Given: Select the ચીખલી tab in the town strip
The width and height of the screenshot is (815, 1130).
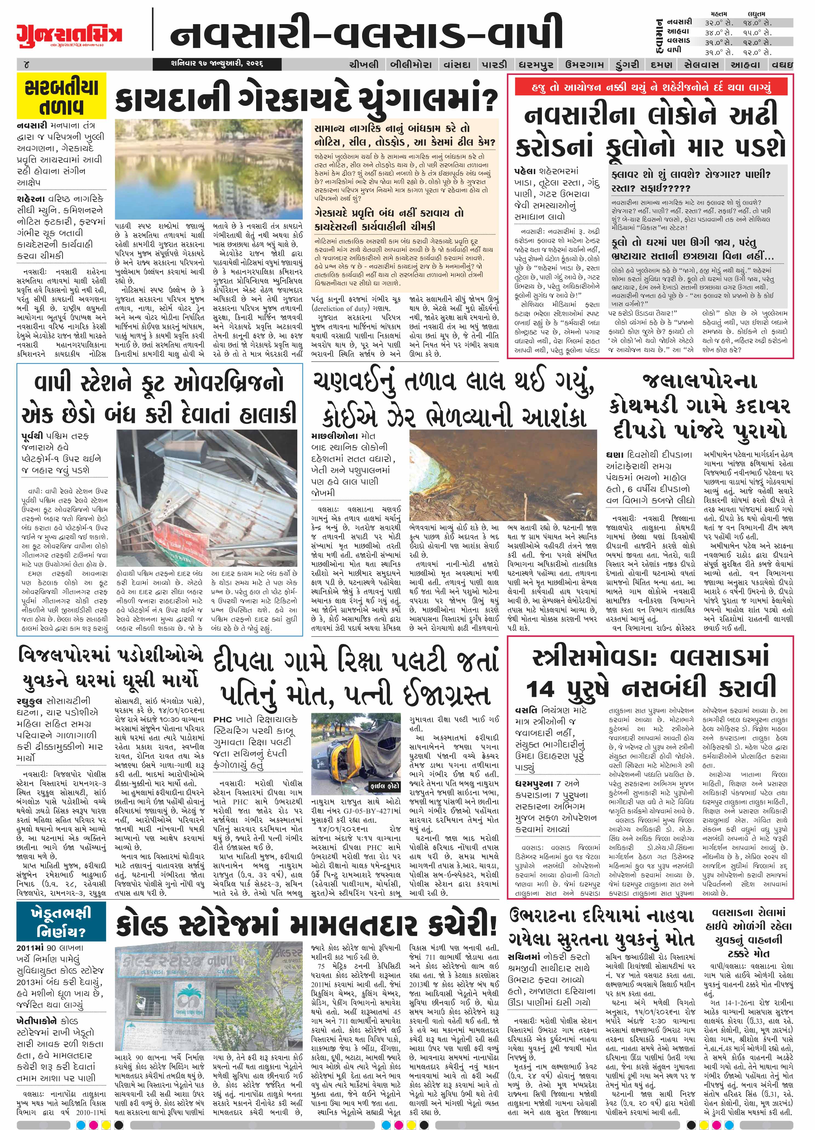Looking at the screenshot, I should pyautogui.click(x=364, y=64).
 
